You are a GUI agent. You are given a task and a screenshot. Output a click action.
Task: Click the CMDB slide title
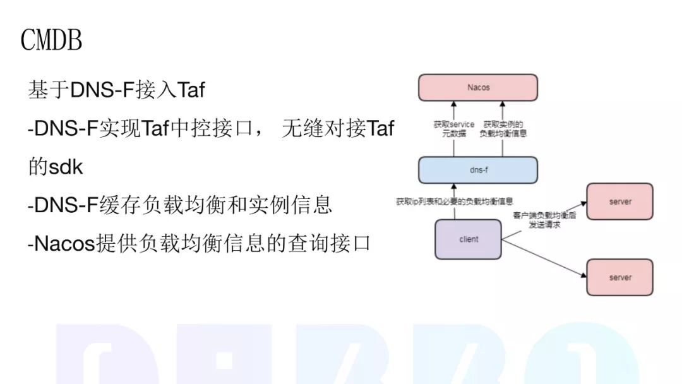[x=51, y=40]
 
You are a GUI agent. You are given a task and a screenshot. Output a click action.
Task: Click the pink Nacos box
[x=478, y=87]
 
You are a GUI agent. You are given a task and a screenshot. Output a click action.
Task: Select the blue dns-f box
[x=478, y=170]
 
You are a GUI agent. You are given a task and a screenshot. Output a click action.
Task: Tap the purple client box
[x=469, y=239]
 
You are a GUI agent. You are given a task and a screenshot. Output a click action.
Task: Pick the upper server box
[x=620, y=201]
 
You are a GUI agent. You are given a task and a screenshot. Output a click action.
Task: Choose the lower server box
[x=620, y=277]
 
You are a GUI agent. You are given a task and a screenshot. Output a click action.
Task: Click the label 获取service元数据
[x=453, y=129]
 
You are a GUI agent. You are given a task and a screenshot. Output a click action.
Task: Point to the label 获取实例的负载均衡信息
[x=503, y=129]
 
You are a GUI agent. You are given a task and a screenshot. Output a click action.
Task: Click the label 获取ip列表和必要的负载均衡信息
[x=455, y=201]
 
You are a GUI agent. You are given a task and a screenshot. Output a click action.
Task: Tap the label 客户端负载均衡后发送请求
[x=544, y=220]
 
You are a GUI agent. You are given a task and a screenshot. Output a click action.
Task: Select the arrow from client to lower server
[x=544, y=258]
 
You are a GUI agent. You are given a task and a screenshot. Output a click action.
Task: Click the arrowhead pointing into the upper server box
[x=583, y=203]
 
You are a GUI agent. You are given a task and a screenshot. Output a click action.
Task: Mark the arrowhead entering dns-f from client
[x=454, y=186]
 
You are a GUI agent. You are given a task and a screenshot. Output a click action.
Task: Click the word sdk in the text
[x=66, y=167]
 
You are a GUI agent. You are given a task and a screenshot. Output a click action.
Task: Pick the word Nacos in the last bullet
[x=64, y=244]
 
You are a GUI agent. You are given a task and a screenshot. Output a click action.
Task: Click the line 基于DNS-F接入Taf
[x=116, y=90]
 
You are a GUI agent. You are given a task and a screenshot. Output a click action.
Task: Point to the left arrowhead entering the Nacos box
[x=453, y=104]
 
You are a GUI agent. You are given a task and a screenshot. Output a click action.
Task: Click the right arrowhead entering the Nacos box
[x=503, y=104]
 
